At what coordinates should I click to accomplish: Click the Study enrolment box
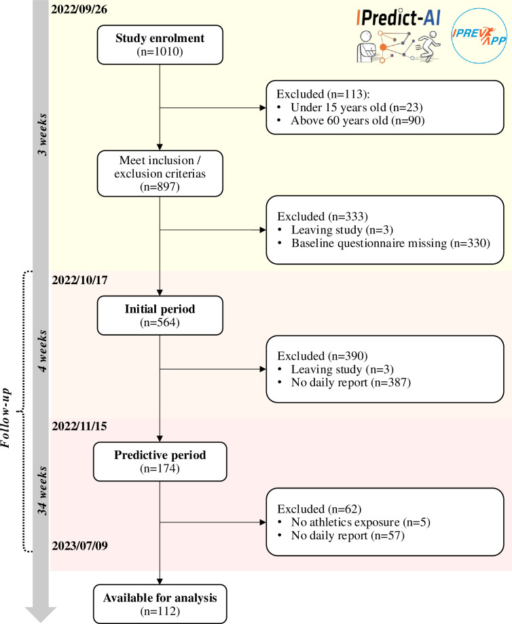click(160, 45)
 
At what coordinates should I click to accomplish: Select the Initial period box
click(160, 315)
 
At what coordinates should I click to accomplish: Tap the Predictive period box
click(160, 461)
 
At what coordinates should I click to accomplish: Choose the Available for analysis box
click(160, 604)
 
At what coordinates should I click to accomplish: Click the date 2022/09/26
click(79, 9)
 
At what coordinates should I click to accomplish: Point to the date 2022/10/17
click(79, 280)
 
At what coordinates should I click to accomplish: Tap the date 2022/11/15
click(79, 426)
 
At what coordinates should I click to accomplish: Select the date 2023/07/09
click(79, 545)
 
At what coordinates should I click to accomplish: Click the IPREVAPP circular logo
click(479, 36)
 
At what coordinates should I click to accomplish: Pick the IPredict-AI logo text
click(399, 18)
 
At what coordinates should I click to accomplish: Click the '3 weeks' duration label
click(42, 134)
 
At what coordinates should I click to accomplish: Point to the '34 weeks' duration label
click(42, 490)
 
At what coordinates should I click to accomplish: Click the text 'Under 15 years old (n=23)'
click(356, 107)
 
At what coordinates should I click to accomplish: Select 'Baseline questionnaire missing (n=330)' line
click(390, 243)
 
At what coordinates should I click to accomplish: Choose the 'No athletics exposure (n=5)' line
click(361, 522)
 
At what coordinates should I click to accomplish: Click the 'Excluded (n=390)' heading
click(323, 356)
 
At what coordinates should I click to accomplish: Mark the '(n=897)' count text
click(160, 187)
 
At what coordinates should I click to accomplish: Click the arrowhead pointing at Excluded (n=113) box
click(263, 107)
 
